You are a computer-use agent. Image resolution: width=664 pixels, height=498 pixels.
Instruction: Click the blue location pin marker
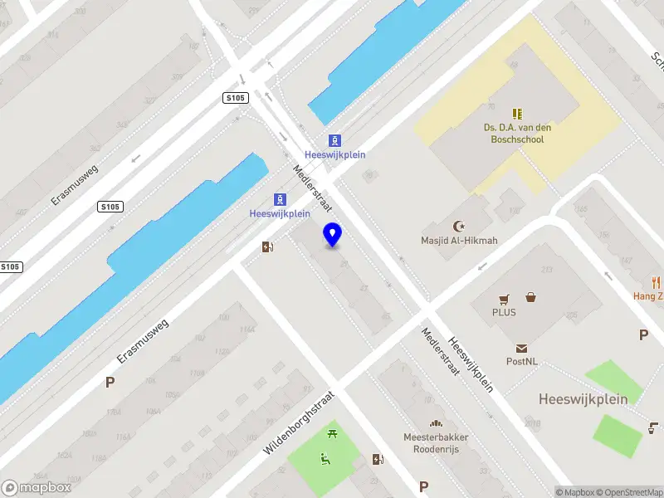coord(333,235)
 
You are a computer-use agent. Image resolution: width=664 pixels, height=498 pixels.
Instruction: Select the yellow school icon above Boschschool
coord(518,113)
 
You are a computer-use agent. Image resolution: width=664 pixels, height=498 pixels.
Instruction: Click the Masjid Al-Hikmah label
coord(458,242)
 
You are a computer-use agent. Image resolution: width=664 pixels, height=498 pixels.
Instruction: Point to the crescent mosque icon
coord(458,226)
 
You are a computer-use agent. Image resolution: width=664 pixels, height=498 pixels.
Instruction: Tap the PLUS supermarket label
coord(504,313)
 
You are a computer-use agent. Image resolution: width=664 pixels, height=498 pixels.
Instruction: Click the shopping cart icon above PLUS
coord(504,298)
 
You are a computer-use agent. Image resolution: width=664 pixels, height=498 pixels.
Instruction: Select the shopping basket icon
coord(530,297)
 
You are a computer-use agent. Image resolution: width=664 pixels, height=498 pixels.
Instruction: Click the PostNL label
coord(522,362)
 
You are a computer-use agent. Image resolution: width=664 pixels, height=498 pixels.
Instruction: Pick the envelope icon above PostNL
coord(522,348)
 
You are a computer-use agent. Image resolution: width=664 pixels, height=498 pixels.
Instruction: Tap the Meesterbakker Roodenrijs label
coord(437,442)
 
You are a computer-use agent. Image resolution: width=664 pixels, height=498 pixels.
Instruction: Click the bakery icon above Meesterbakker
coord(437,422)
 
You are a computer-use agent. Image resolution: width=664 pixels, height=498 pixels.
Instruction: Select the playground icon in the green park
coord(325,457)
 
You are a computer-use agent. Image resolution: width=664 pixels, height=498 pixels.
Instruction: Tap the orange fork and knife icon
coord(657,281)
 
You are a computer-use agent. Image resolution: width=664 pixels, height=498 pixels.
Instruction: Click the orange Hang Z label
coord(648,296)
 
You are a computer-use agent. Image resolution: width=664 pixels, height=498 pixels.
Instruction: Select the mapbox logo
coord(37,487)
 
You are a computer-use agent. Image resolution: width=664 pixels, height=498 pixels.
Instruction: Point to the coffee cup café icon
coord(654,428)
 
